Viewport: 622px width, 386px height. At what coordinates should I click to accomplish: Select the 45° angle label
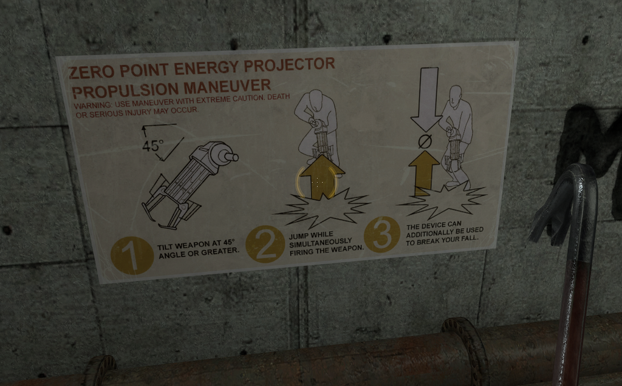(153, 146)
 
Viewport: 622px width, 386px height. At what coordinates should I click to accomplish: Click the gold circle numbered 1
(132, 256)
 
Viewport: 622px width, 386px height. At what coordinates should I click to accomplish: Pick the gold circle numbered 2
(265, 243)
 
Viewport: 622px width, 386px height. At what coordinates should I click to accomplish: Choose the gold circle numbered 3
(382, 234)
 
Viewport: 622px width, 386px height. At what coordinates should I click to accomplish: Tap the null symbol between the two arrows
(425, 142)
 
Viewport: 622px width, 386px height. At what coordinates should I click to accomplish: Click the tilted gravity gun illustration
(188, 182)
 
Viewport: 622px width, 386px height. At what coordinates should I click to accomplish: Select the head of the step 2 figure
(315, 99)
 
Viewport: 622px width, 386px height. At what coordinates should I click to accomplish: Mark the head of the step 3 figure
(455, 94)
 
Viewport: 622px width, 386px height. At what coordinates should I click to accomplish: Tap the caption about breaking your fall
(444, 231)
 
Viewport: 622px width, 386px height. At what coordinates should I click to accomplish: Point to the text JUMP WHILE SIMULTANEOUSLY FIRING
(326, 242)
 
